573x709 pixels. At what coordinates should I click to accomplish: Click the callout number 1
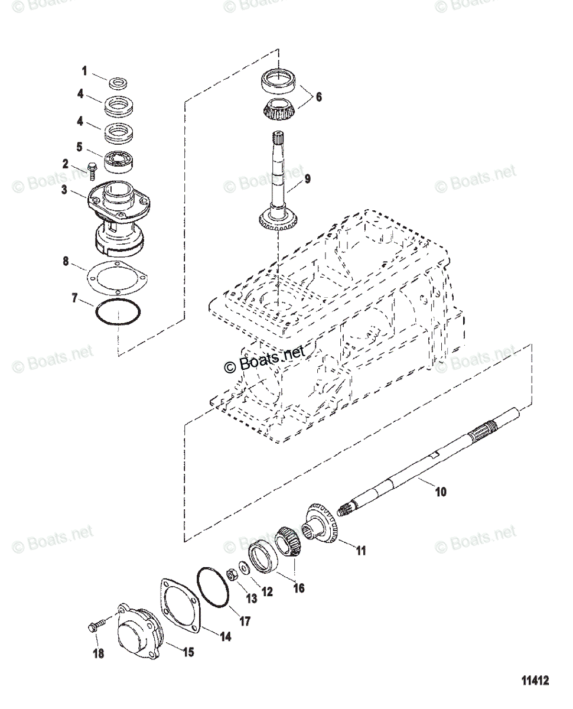(x=84, y=71)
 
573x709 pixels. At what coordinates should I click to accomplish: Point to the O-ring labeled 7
(x=119, y=311)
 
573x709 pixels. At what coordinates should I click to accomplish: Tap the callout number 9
(x=307, y=177)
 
